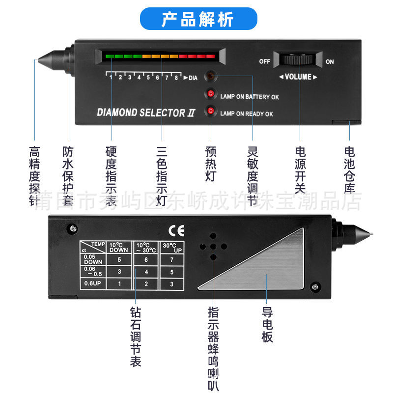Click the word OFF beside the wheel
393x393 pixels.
(x=265, y=61)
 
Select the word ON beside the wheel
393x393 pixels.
(x=330, y=62)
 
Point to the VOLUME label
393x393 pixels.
(x=298, y=77)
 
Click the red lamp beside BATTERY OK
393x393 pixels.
(x=211, y=93)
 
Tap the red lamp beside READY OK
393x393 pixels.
(x=211, y=111)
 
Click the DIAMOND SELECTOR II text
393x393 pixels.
(x=146, y=112)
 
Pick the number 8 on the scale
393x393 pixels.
(x=176, y=78)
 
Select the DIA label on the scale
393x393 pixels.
(x=193, y=78)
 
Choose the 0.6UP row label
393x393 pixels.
(x=93, y=283)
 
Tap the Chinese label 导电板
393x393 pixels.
(x=267, y=325)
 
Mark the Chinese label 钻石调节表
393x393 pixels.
(x=135, y=337)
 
